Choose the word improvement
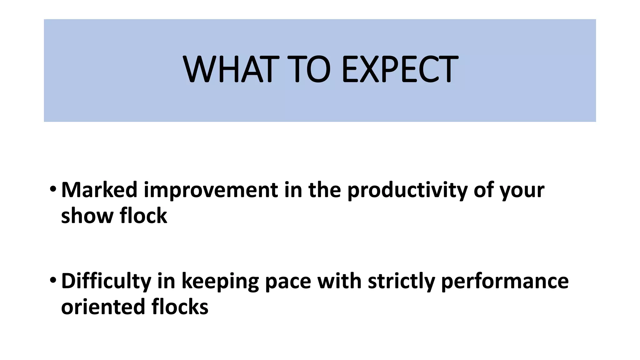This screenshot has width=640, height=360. (x=211, y=190)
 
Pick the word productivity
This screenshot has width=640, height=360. (x=407, y=190)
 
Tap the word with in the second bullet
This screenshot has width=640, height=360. (x=339, y=281)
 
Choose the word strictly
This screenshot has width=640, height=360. (x=401, y=281)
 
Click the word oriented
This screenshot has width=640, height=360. (x=103, y=307)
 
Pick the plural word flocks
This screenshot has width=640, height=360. (x=180, y=307)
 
